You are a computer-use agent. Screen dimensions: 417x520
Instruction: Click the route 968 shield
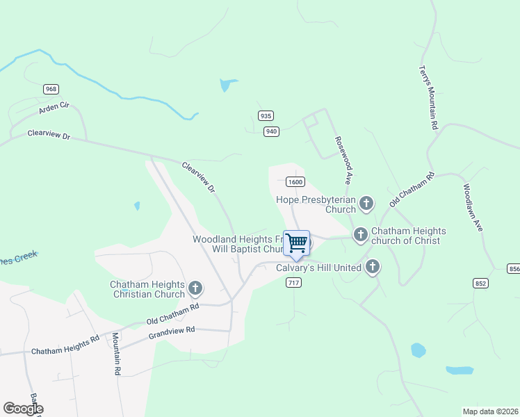click(x=51, y=89)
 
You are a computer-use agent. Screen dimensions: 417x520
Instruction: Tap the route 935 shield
click(x=265, y=116)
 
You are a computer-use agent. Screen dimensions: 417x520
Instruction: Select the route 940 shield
click(x=271, y=131)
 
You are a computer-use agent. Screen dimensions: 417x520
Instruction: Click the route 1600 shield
click(x=295, y=181)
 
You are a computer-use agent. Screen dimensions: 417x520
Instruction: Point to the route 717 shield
click(x=293, y=281)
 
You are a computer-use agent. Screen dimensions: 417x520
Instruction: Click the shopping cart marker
click(x=296, y=243)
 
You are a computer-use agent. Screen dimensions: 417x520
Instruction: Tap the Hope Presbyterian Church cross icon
click(x=366, y=204)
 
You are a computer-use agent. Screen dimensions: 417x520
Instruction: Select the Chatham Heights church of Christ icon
click(x=360, y=234)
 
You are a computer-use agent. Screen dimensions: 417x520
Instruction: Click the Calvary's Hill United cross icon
click(x=373, y=266)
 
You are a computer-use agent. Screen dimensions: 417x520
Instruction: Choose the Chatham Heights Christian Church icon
click(x=195, y=288)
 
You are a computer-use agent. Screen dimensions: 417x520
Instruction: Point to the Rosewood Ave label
click(x=344, y=154)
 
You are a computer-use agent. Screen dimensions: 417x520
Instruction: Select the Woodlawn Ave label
click(x=472, y=207)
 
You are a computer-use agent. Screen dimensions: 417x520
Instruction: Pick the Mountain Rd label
click(x=117, y=354)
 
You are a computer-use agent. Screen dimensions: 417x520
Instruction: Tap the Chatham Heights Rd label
click(x=65, y=346)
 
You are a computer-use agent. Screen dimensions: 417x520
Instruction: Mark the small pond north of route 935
click(x=227, y=85)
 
